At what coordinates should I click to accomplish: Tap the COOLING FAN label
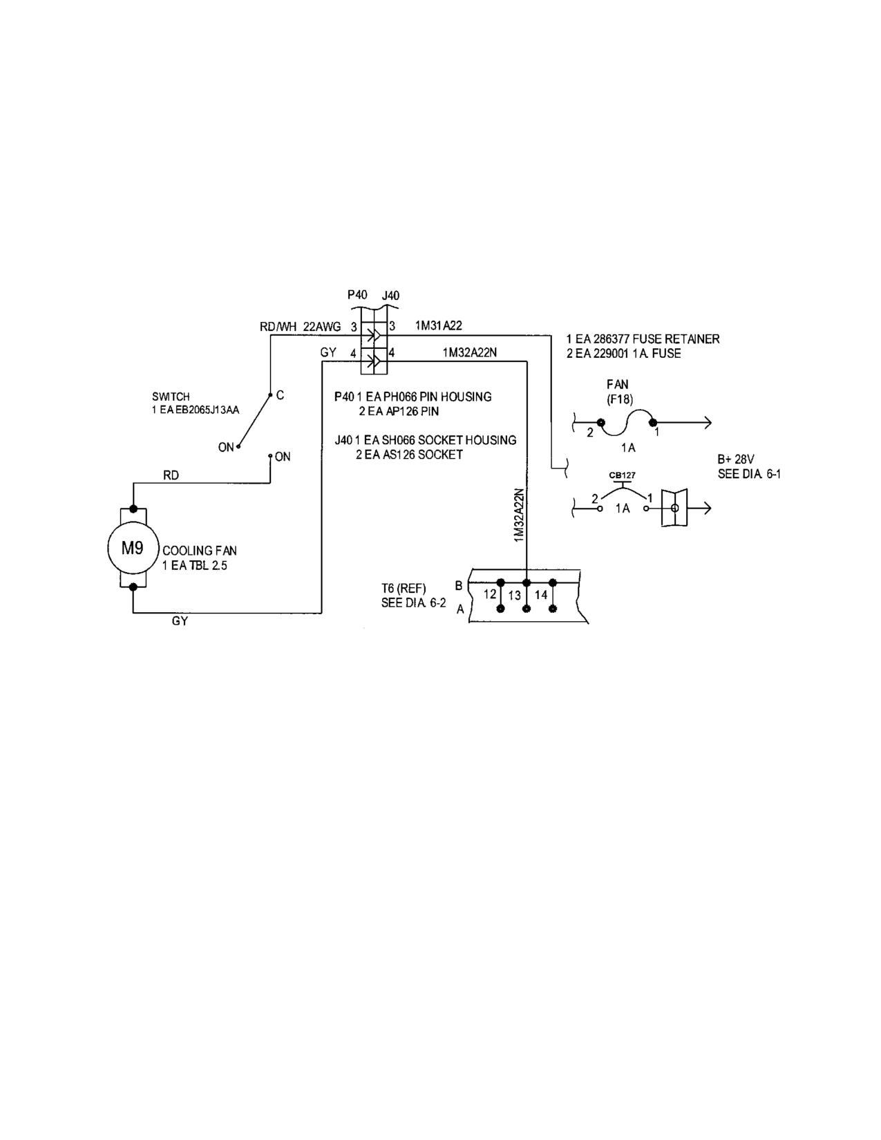200,551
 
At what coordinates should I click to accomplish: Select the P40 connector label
357,295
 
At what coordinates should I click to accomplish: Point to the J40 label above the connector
390,295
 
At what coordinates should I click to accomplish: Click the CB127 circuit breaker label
623,475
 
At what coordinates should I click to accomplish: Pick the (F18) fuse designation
620,399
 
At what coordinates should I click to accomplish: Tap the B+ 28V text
736,459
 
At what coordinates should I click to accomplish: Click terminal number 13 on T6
514,596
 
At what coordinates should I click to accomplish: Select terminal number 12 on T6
490,594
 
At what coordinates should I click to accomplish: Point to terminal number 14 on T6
541,595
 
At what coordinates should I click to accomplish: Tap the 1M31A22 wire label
439,326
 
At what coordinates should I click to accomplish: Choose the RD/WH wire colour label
278,327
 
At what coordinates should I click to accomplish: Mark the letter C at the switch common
281,395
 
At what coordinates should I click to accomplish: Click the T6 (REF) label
404,589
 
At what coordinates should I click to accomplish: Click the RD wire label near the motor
171,475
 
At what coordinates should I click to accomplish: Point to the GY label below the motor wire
180,621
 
